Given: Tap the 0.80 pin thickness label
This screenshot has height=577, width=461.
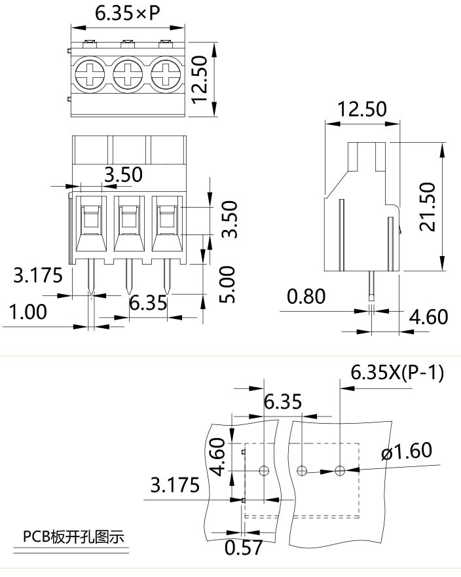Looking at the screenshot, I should (306, 297).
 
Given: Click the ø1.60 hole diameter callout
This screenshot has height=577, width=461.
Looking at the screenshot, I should (406, 451).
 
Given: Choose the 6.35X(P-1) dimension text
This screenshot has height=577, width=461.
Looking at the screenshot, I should (397, 373).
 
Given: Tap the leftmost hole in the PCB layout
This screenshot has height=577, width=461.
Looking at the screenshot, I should (264, 470).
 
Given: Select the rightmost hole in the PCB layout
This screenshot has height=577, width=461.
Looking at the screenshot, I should (340, 470).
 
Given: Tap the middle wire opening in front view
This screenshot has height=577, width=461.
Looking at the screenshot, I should (128, 219).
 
